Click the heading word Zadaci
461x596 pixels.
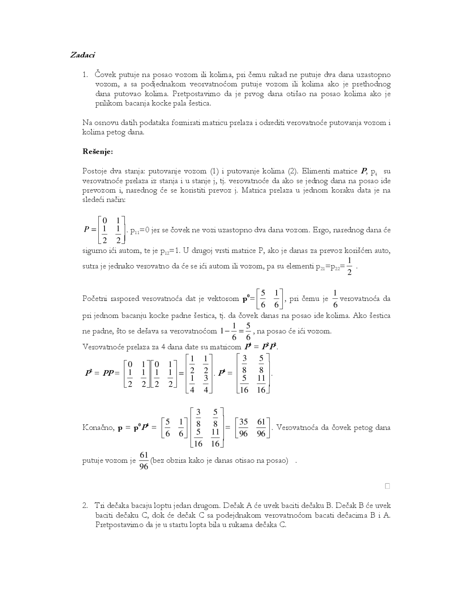pos(82,55)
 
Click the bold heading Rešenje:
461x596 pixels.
pos(98,152)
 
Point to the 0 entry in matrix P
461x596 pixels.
pos(104,220)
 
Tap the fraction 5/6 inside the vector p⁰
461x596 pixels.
pos(263,298)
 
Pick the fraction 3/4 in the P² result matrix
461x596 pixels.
pos(206,384)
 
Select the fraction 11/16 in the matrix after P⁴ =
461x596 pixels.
pos(261,384)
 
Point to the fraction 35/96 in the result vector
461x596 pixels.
pos(243,428)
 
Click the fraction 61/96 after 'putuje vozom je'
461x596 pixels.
pos(144,461)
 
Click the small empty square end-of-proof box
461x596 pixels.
pos(388,486)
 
